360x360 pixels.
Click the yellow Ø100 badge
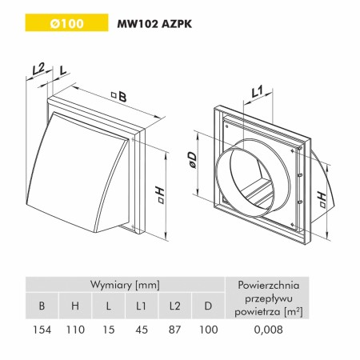(66, 22)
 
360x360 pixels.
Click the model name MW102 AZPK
(154, 24)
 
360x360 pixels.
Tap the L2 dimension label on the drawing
(38, 69)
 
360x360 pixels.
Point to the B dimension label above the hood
(120, 97)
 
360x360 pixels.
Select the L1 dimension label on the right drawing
(257, 92)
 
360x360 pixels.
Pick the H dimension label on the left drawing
(160, 195)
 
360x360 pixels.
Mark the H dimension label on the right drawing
(322, 200)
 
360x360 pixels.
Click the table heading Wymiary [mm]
(125, 285)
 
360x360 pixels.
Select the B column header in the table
(42, 306)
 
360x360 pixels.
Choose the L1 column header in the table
(141, 306)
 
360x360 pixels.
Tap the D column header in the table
(208, 306)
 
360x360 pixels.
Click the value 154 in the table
(42, 330)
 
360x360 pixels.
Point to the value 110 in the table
(75, 330)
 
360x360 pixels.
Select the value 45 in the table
(142, 330)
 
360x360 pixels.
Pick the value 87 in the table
(175, 330)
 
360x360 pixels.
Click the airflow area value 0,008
(269, 330)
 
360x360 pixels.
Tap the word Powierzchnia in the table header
(269, 285)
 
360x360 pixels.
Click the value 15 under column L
(109, 330)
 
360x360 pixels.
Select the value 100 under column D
(209, 330)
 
